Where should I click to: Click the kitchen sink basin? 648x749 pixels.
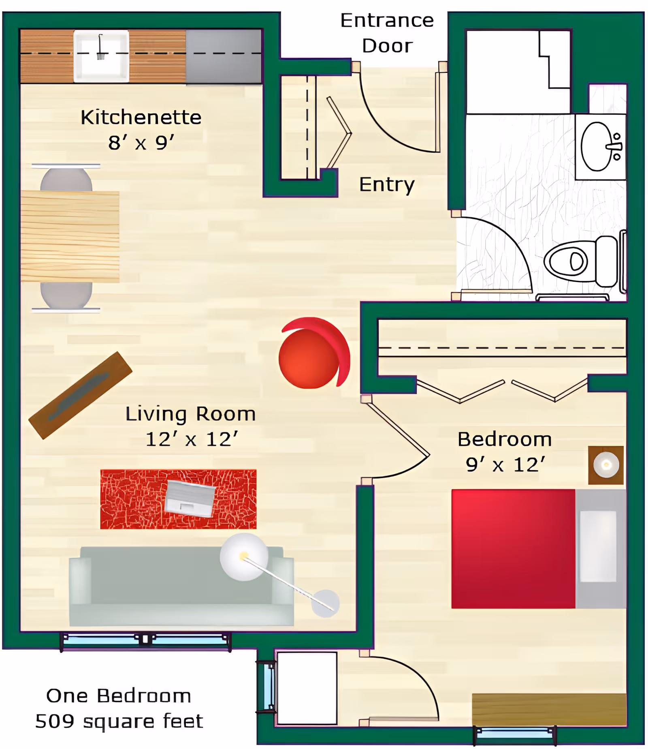tap(101, 57)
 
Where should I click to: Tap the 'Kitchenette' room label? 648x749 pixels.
tap(141, 118)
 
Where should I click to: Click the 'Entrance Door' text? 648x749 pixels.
tap(387, 33)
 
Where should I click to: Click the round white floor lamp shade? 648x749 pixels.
tap(244, 556)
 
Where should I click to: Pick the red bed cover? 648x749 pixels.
tap(513, 549)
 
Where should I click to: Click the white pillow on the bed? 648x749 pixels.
tap(598, 546)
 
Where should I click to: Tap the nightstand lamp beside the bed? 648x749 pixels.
tap(606, 465)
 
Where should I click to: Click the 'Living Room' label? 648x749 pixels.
tap(190, 414)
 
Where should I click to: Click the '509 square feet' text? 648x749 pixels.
tap(119, 721)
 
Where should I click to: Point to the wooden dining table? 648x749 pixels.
tap(70, 237)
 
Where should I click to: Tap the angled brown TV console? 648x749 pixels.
tap(80, 395)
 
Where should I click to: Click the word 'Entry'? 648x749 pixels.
tap(387, 185)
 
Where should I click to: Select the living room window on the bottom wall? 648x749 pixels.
tap(145, 640)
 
